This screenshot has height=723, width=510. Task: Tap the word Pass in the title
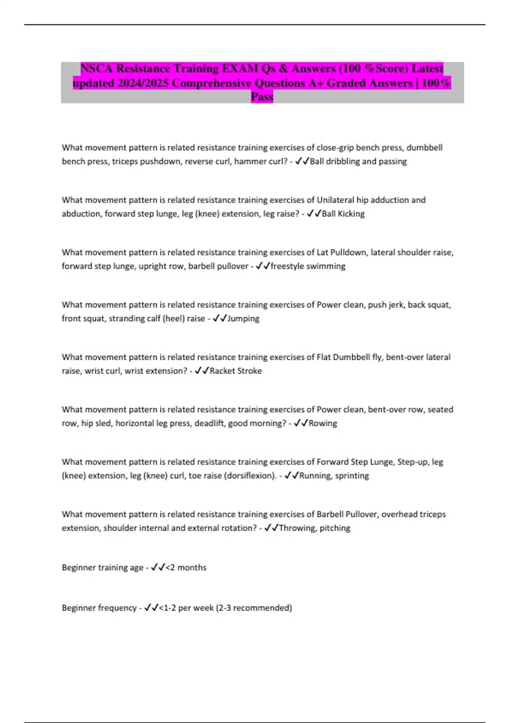[262, 97]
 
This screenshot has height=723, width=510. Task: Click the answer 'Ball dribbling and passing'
[358, 161]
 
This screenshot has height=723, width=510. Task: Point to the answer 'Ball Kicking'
[343, 213]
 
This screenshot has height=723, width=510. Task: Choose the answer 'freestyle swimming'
[308, 266]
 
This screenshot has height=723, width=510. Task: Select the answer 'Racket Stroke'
[235, 370]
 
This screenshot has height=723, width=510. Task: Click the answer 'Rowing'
[323, 423]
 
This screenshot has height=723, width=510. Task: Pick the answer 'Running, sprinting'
[334, 475]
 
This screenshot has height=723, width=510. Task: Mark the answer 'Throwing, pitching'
[314, 528]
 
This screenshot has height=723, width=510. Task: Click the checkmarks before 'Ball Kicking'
[314, 213]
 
